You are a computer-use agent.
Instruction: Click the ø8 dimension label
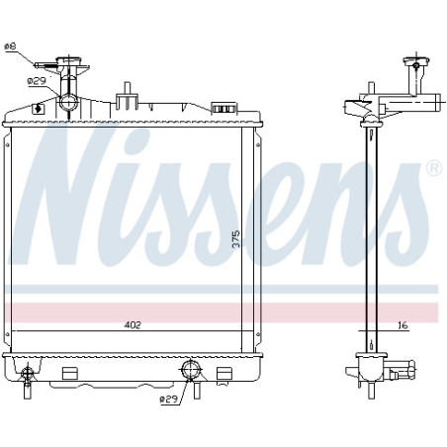[10, 46]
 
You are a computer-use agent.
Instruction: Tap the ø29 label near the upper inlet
[37, 81]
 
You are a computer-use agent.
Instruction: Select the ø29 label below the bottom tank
[169, 400]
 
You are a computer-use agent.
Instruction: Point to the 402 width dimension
[133, 325]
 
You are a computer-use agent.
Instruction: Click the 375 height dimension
[236, 239]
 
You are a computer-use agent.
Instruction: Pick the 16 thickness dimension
[402, 325]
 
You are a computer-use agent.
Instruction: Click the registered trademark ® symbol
[435, 168]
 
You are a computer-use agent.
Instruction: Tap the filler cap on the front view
[68, 61]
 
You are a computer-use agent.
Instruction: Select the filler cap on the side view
[416, 61]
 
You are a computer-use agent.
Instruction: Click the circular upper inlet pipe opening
[68, 102]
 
